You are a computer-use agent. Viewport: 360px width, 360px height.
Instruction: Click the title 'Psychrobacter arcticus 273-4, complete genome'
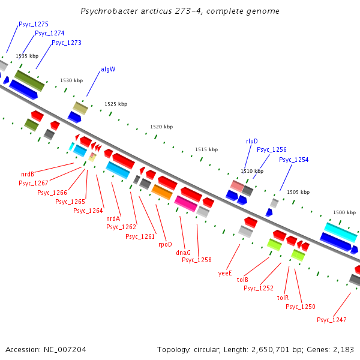tap(179, 11)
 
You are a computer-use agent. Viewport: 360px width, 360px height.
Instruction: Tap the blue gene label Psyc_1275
tap(34, 24)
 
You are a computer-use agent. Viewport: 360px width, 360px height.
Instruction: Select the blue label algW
tap(108, 69)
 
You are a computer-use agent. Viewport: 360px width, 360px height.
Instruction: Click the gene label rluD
tap(251, 141)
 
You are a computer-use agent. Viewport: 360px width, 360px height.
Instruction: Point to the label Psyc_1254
tap(293, 160)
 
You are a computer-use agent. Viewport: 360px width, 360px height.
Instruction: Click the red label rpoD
tap(165, 244)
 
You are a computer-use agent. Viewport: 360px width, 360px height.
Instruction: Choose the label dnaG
tap(183, 253)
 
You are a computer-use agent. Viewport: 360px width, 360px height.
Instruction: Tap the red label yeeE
tap(225, 272)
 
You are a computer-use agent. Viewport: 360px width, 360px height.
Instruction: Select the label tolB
tap(242, 280)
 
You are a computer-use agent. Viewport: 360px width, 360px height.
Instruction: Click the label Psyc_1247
tap(331, 320)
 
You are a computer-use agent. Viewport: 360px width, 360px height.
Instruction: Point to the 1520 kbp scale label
tap(161, 127)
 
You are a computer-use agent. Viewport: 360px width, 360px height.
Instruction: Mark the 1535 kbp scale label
tap(27, 56)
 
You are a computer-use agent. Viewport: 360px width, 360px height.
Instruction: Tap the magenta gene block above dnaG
tap(186, 203)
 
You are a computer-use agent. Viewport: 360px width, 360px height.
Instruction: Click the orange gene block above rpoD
tap(162, 192)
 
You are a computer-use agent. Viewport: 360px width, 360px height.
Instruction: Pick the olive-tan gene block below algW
tap(80, 108)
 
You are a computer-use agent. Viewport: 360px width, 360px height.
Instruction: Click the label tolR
tap(283, 298)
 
